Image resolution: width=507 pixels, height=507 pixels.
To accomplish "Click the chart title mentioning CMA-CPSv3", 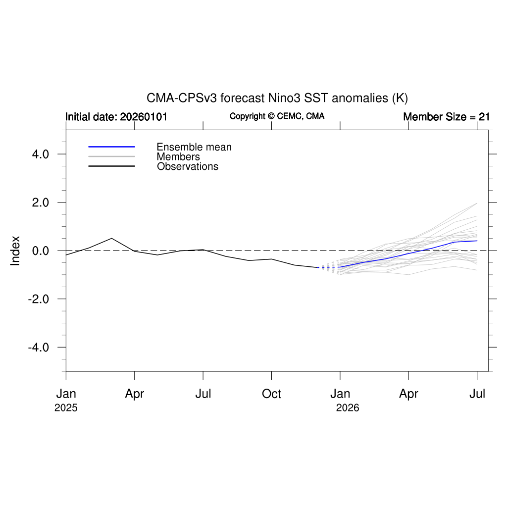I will (277, 98).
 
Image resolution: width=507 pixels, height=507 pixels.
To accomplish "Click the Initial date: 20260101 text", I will (116, 117).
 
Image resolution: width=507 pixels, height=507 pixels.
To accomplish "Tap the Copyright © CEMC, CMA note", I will (277, 116).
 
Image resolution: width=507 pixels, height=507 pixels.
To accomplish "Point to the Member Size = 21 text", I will (446, 117).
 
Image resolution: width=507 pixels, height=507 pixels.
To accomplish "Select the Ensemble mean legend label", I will (194, 147).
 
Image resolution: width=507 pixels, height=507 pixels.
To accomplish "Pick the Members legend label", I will (178, 157).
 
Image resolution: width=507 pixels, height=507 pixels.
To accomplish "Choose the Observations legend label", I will (188, 166).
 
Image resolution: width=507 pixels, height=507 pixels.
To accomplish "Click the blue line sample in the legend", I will (111, 147).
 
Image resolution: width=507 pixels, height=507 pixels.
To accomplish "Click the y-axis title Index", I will (15, 251).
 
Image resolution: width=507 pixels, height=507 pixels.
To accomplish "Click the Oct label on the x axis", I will (271, 394).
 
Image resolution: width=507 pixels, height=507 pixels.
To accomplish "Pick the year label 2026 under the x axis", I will (348, 408).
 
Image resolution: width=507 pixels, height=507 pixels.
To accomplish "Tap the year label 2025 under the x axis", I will (66, 408).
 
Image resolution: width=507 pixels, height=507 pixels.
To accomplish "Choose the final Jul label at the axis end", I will (477, 394).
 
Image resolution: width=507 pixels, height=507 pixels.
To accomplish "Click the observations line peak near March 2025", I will (112, 238).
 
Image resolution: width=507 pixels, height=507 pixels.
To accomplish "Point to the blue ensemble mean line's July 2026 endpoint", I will (477, 241).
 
